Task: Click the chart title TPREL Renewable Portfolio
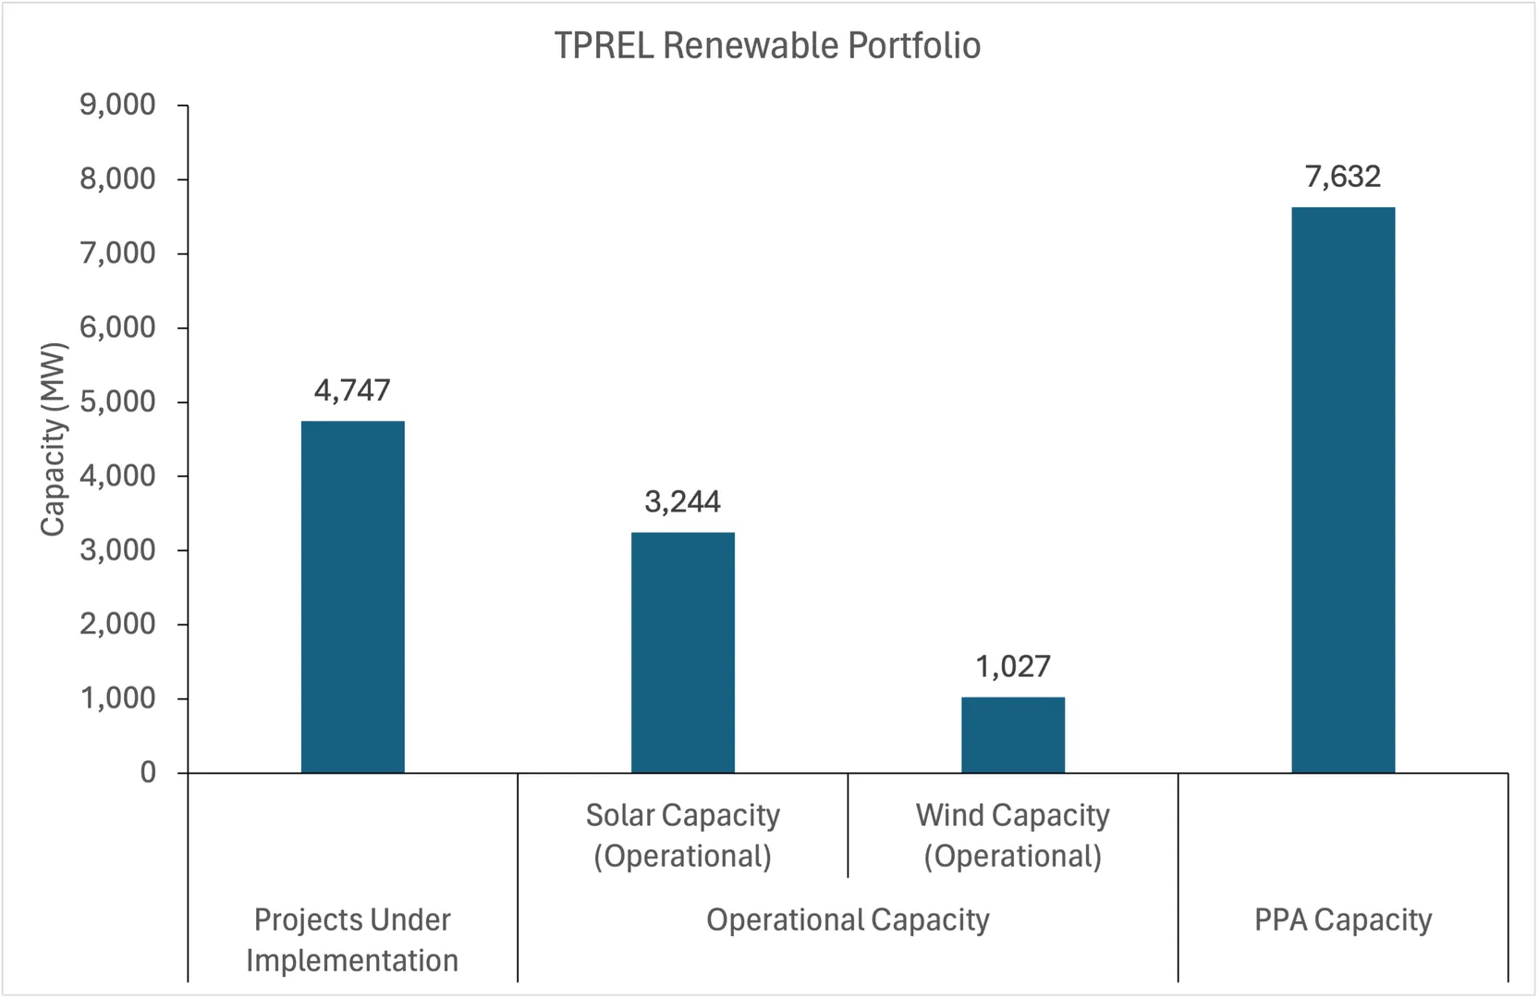[767, 45]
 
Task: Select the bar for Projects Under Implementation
[353, 597]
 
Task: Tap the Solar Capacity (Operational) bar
[683, 652]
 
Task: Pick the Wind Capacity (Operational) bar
[1013, 734]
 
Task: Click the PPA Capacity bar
[1343, 490]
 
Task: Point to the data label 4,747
[352, 390]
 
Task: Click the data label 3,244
[682, 501]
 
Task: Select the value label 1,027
[1013, 666]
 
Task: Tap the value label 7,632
[1343, 176]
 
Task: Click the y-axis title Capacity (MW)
[53, 439]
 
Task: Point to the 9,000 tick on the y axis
[117, 105]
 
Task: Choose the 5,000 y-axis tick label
[117, 401]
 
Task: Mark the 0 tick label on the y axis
[148, 772]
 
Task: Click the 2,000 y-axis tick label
[117, 624]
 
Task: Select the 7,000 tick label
[117, 253]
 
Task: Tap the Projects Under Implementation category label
[352, 940]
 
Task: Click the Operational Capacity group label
[848, 919]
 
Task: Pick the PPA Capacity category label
[1343, 919]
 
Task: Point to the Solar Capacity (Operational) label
[683, 835]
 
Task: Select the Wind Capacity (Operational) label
[1013, 835]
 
